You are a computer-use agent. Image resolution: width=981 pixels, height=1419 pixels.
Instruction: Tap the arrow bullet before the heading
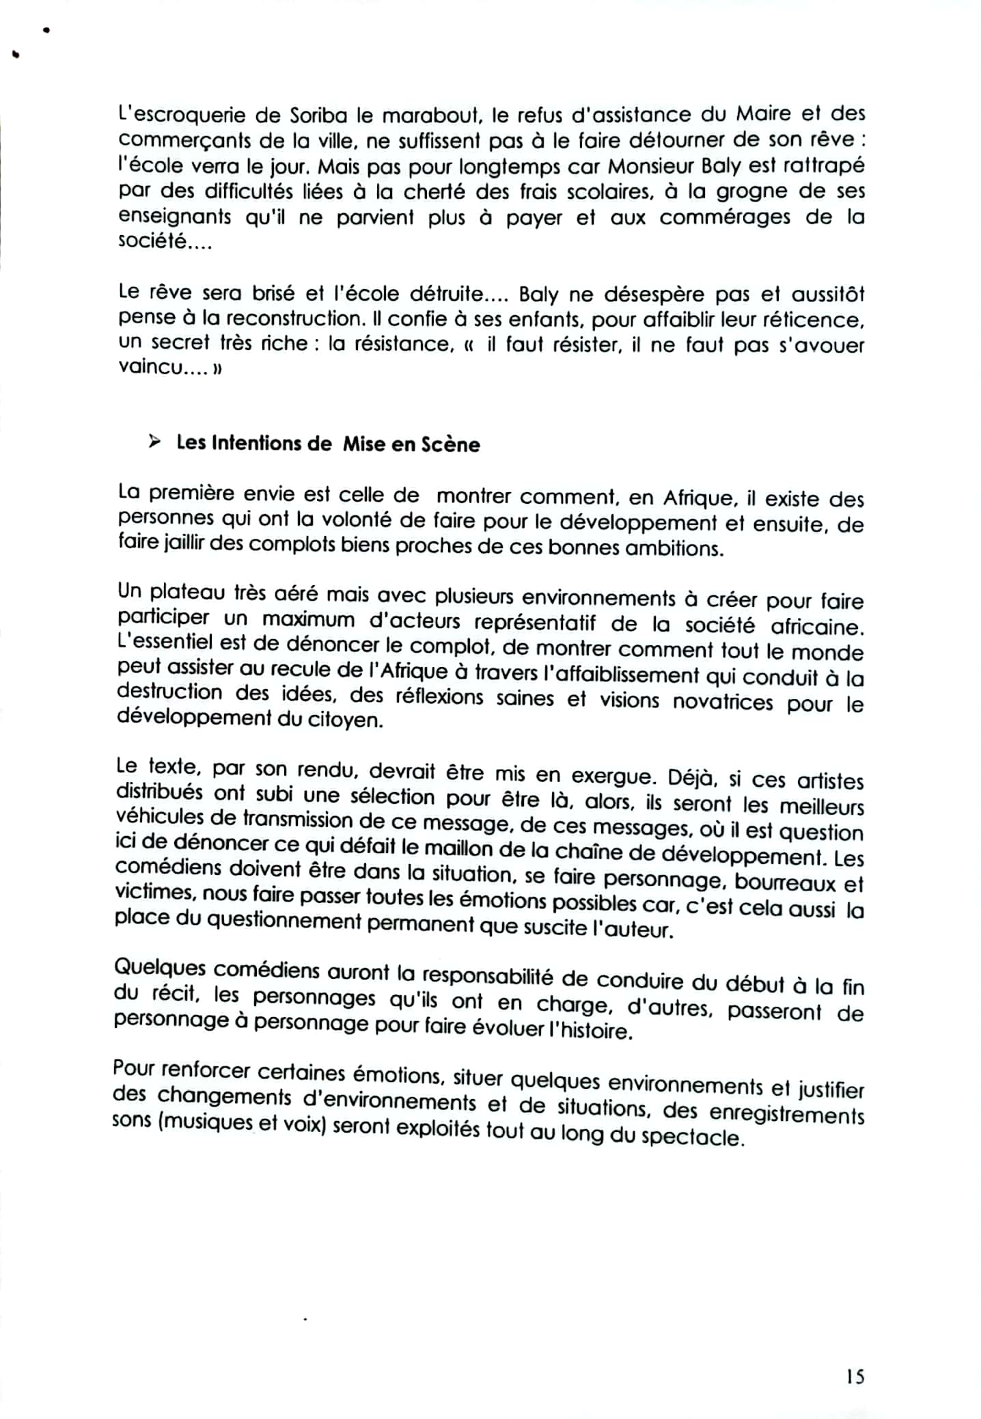pyautogui.click(x=154, y=442)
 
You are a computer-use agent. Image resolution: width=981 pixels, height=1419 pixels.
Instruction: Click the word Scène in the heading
pyautogui.click(x=450, y=445)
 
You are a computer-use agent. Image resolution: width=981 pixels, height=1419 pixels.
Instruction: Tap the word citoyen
pyautogui.click(x=352, y=720)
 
